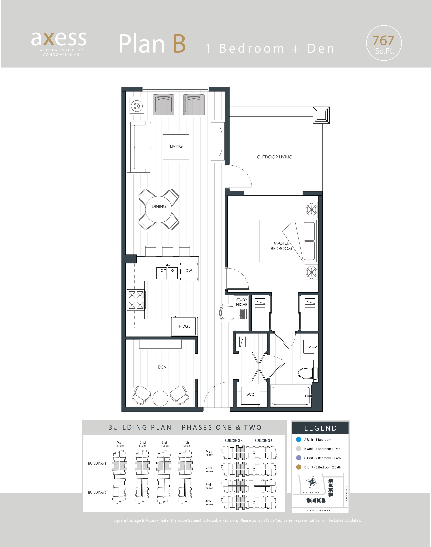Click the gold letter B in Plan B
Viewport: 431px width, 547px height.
[179, 44]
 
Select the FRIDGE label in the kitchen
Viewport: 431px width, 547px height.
[184, 326]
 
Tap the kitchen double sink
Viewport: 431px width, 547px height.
[167, 272]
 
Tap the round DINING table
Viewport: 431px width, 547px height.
[159, 209]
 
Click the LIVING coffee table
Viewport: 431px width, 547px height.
[176, 147]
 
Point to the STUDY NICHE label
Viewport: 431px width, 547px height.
[241, 302]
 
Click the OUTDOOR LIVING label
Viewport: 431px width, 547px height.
[275, 157]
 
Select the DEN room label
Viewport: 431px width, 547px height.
[162, 367]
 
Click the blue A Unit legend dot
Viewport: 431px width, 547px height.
[299, 439]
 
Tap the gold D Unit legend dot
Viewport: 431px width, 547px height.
[299, 467]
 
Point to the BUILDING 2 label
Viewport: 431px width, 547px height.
[97, 492]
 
